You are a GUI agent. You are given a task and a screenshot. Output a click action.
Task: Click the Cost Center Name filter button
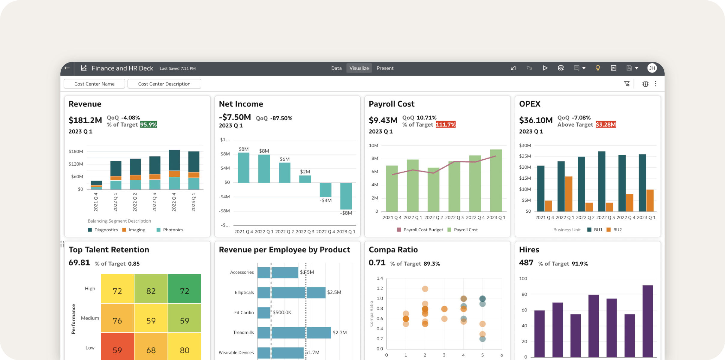(x=94, y=84)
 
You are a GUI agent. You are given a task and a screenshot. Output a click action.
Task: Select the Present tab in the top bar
(x=385, y=68)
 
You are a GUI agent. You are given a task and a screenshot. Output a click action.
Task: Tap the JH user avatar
(x=652, y=68)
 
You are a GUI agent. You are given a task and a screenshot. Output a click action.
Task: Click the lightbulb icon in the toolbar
(x=597, y=68)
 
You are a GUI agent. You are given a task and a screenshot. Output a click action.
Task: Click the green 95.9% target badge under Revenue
(x=148, y=124)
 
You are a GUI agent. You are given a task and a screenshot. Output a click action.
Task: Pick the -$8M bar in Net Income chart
(x=346, y=196)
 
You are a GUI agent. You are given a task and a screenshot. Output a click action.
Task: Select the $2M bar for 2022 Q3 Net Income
(x=305, y=179)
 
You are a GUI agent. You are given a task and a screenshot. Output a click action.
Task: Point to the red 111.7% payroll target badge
(x=445, y=124)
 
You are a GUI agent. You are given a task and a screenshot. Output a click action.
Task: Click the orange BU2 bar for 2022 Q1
(x=568, y=194)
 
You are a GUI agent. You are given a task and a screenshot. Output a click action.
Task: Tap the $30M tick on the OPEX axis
(x=525, y=145)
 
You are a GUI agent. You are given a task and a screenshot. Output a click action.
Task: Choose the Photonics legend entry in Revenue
(x=173, y=230)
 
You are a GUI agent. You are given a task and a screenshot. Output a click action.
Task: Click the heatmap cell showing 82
(x=151, y=291)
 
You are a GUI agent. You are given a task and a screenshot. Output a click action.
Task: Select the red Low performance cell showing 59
(x=117, y=349)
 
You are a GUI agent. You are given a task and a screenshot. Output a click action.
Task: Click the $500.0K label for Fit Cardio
(x=282, y=313)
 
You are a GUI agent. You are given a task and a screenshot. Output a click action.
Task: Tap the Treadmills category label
(x=243, y=332)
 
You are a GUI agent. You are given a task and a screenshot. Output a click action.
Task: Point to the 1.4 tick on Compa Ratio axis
(x=380, y=278)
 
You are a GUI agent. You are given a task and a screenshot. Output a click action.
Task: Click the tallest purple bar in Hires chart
(x=648, y=321)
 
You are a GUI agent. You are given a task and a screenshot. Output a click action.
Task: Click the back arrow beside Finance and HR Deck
(x=67, y=68)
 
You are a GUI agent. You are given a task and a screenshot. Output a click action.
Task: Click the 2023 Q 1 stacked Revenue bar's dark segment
(x=194, y=161)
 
